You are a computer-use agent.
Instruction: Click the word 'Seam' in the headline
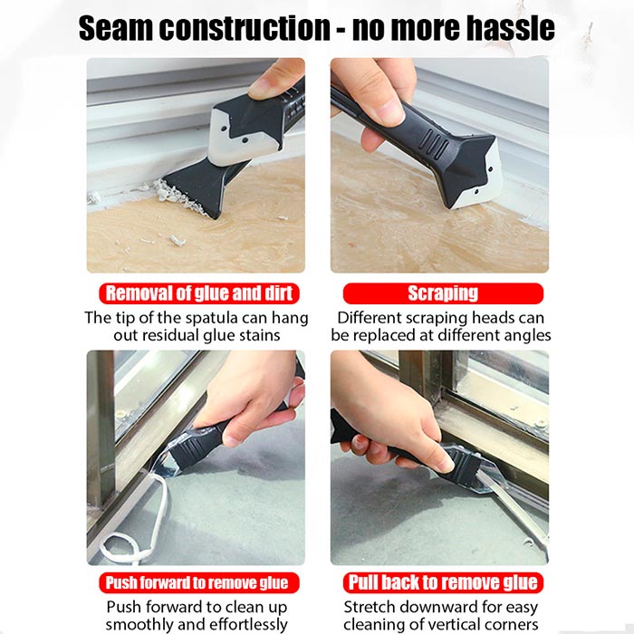coord(116,28)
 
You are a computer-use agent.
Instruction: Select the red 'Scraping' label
coord(443,293)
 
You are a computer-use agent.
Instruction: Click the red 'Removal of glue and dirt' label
coord(199,293)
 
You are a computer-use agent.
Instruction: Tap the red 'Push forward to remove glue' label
coord(199,582)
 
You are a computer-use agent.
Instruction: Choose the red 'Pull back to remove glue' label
coord(443,582)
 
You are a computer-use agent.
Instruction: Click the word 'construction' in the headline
coord(245,28)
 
